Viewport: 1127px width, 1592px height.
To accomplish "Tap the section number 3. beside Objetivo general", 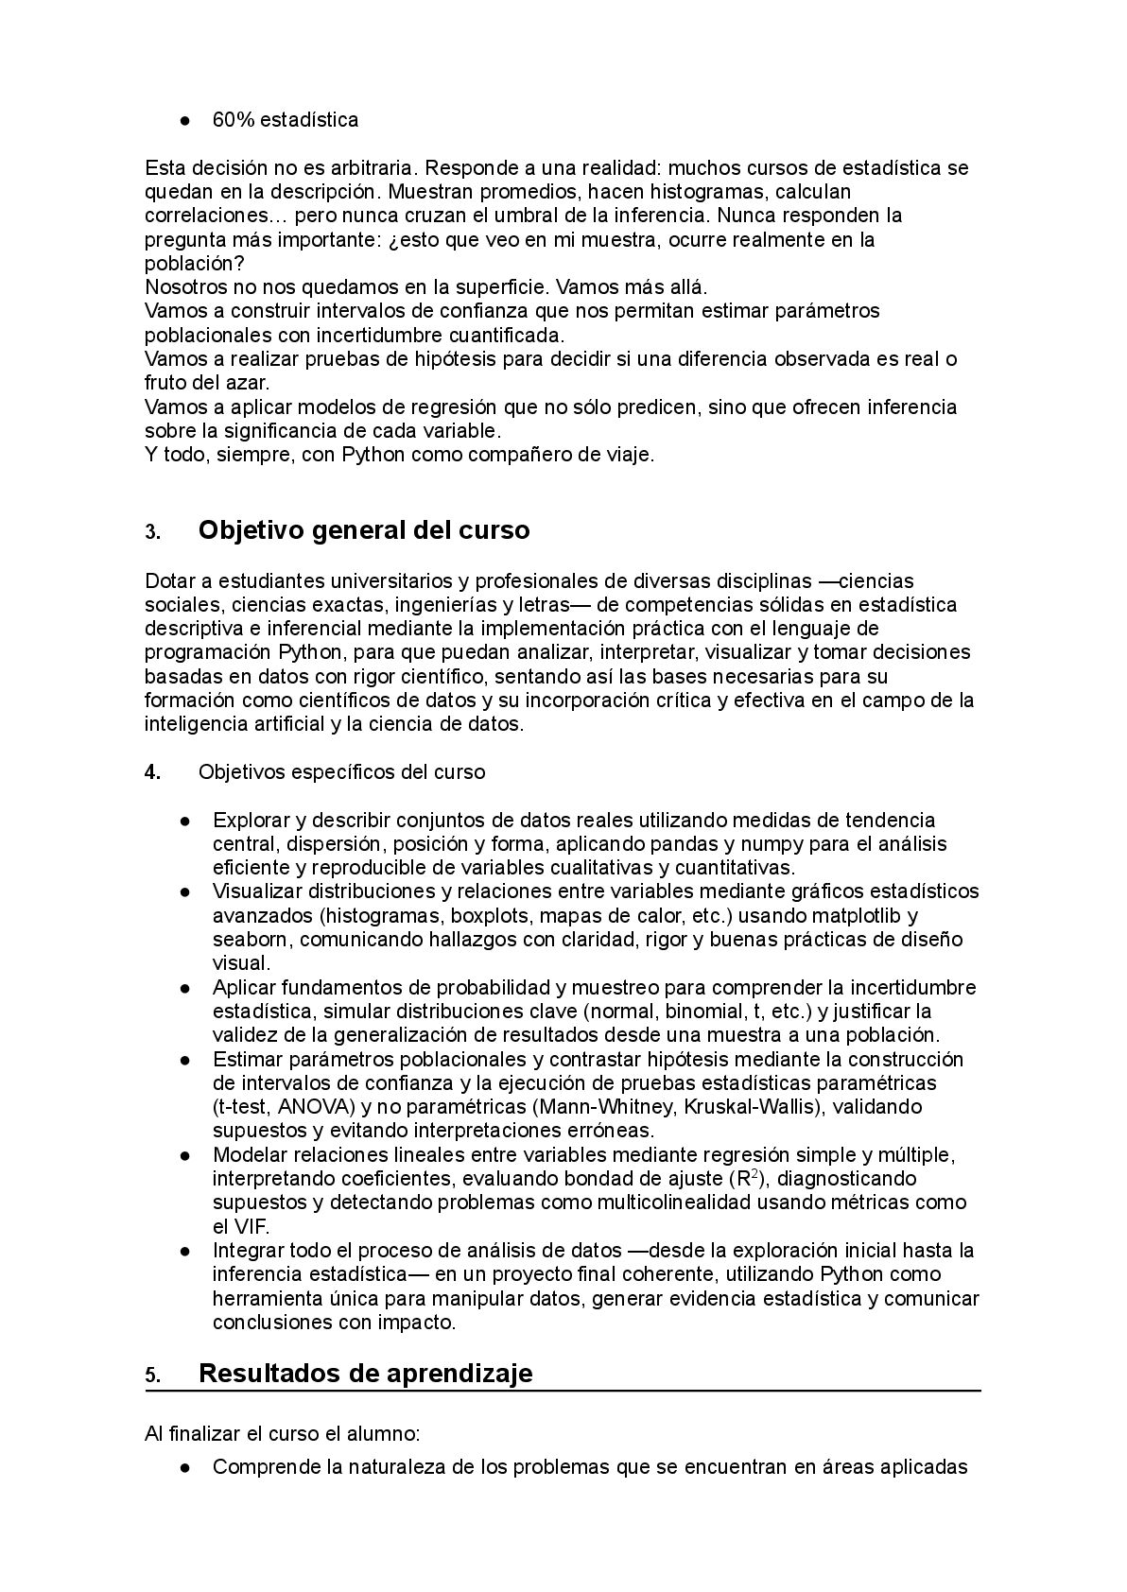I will point(152,531).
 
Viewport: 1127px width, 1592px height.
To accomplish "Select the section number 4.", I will point(152,772).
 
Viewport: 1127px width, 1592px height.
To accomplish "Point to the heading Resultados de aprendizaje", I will point(365,1373).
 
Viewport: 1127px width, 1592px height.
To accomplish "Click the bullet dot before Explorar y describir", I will point(186,821).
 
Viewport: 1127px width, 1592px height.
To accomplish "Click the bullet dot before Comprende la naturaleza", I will point(186,1468).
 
